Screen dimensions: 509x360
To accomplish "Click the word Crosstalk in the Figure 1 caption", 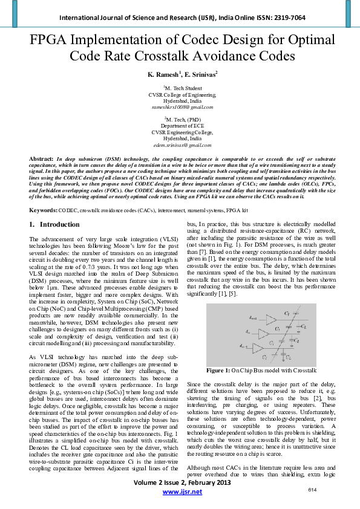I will (x=304, y=369).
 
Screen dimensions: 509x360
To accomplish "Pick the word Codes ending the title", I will (x=270, y=57).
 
